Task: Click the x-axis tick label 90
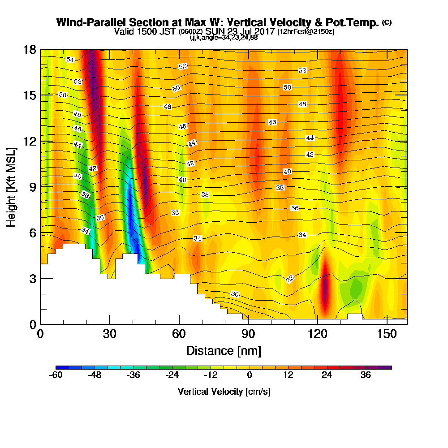tap(248, 334)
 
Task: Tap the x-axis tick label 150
tap(386, 334)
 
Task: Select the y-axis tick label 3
tap(33, 279)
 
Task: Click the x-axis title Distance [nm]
tap(224, 350)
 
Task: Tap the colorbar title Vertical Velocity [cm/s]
tap(224, 392)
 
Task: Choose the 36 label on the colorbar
tap(366, 375)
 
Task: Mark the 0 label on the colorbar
tap(249, 375)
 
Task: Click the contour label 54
tap(69, 60)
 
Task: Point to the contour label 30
tap(235, 294)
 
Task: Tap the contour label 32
tap(290, 279)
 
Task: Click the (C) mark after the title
tap(387, 22)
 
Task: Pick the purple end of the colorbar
tap(388, 367)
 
